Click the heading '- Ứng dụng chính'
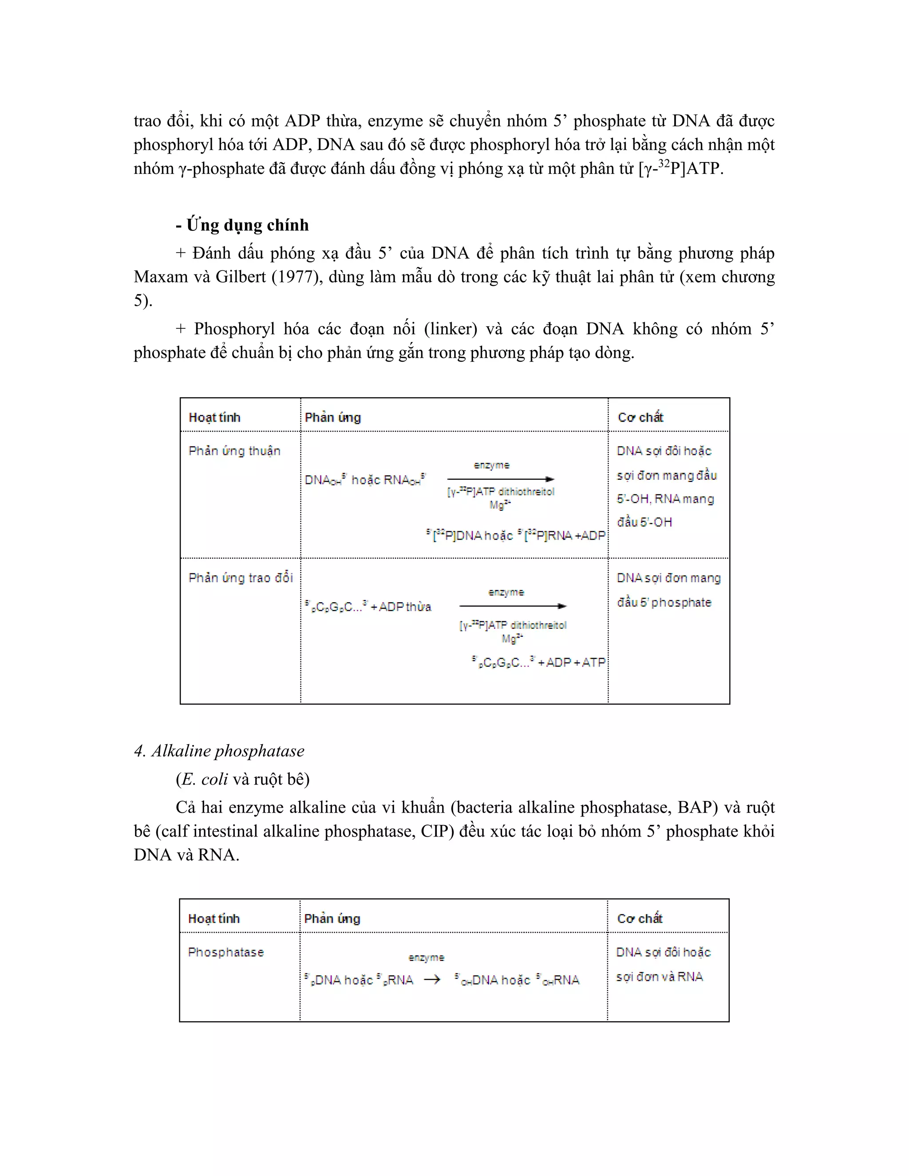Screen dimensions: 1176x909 tap(242, 225)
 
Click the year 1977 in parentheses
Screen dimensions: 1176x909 tap(297, 277)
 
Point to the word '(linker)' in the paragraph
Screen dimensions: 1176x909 tap(450, 328)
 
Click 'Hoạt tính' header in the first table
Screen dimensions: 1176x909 tap(214, 417)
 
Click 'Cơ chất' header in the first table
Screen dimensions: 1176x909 tap(640, 417)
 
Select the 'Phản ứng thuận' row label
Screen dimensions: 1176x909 tap(234, 451)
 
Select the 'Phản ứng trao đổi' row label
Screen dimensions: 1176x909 tap(240, 578)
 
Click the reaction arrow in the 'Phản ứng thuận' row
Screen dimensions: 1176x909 tap(500, 479)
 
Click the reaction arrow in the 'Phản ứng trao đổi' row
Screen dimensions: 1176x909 tap(512, 606)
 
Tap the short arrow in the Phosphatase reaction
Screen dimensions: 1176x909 tap(432, 979)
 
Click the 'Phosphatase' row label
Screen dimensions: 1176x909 tap(225, 952)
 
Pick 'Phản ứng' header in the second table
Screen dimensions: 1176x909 tap(332, 919)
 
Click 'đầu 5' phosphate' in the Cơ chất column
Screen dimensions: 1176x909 tap(664, 602)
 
